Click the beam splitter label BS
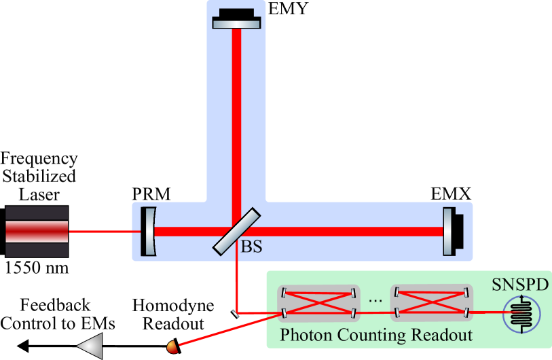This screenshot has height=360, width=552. (x=251, y=247)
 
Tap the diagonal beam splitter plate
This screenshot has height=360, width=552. (x=236, y=230)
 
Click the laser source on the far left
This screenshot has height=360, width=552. (x=37, y=232)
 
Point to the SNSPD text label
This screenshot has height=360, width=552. (x=519, y=284)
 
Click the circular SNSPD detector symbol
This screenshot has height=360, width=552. (x=521, y=313)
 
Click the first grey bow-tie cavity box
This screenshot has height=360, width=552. (x=318, y=302)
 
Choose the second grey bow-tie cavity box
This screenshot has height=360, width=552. (x=430, y=302)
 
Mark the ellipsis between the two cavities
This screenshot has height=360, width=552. (x=374, y=300)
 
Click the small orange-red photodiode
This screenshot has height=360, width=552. (x=173, y=347)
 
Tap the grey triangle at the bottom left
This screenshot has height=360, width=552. (x=91, y=345)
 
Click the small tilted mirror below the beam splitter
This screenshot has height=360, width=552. (x=235, y=313)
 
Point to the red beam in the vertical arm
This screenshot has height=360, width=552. (x=236, y=115)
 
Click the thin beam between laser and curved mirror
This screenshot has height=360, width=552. (x=105, y=232)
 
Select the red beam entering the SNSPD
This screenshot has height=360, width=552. (x=486, y=312)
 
